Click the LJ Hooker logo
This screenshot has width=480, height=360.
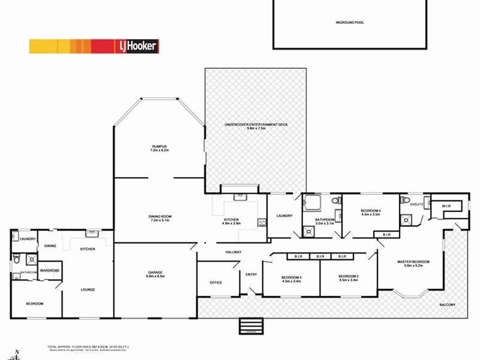tap(137, 46)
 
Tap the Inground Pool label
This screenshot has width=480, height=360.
tap(350, 22)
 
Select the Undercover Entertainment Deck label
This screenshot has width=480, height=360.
tap(256, 126)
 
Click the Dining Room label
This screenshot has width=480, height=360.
tap(160, 218)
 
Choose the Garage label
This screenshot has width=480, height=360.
tap(155, 275)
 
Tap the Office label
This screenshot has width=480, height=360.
tap(216, 283)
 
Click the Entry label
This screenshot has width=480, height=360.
tap(251, 275)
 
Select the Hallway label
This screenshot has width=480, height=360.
tap(233, 252)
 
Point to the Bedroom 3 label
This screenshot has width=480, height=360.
tap(291, 278)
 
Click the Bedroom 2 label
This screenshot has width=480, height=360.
tap(348, 278)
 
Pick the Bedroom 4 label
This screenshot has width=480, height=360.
tap(370, 212)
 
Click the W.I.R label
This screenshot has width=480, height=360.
tap(447, 206)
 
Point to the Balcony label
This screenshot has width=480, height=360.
tap(446, 305)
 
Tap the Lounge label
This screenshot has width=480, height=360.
tap(88, 289)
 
